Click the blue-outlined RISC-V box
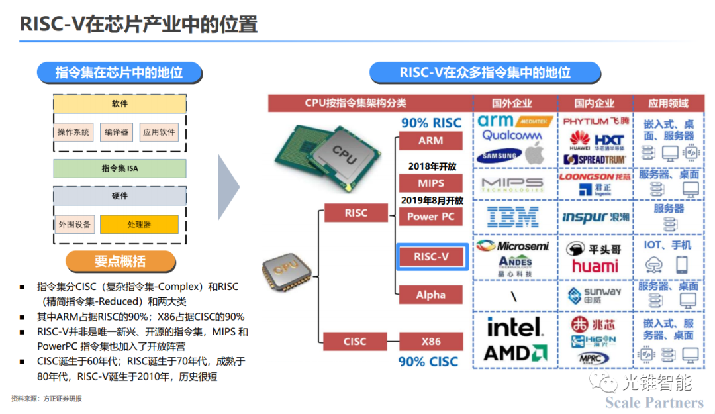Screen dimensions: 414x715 [x=432, y=256]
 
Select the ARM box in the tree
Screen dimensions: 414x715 [x=430, y=141]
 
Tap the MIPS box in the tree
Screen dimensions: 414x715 [x=430, y=183]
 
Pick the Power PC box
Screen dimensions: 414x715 [x=431, y=216]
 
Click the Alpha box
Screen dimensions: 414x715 [x=430, y=295]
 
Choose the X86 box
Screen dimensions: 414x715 [x=430, y=342]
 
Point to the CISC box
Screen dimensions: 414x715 [x=354, y=342]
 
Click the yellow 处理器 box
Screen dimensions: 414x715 [x=139, y=224]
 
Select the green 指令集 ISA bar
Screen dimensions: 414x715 [x=120, y=168]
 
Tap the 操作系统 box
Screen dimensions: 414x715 [x=73, y=132]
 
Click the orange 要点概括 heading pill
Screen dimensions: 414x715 [x=120, y=261]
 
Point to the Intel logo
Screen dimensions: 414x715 [x=514, y=327]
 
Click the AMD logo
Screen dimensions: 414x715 [x=514, y=352]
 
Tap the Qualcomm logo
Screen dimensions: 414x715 [x=512, y=136]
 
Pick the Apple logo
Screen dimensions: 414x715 [x=535, y=156]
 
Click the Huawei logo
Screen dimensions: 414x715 [x=579, y=140]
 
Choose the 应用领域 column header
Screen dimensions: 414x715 [x=668, y=103]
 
